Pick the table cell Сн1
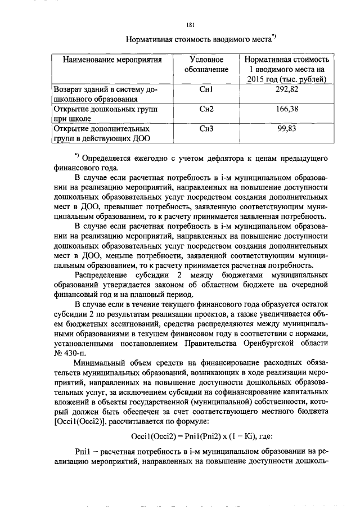[206, 89]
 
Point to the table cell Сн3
[206, 129]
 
